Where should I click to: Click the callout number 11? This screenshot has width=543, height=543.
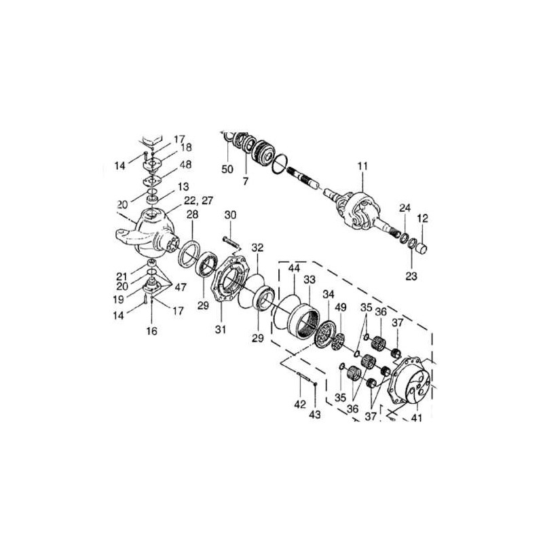pyautogui.click(x=362, y=166)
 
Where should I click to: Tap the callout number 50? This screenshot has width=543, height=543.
pyautogui.click(x=227, y=169)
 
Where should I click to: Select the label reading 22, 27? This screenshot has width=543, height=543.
pyautogui.click(x=198, y=200)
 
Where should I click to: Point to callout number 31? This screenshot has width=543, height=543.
pyautogui.click(x=220, y=329)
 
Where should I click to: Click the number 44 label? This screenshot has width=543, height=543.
pyautogui.click(x=295, y=267)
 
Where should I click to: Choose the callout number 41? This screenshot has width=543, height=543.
pyautogui.click(x=416, y=417)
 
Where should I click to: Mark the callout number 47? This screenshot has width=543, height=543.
pyautogui.click(x=181, y=286)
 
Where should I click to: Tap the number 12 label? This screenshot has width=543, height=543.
pyautogui.click(x=422, y=219)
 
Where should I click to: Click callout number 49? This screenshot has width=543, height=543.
pyautogui.click(x=341, y=307)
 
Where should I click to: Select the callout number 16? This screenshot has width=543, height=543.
pyautogui.click(x=151, y=331)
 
